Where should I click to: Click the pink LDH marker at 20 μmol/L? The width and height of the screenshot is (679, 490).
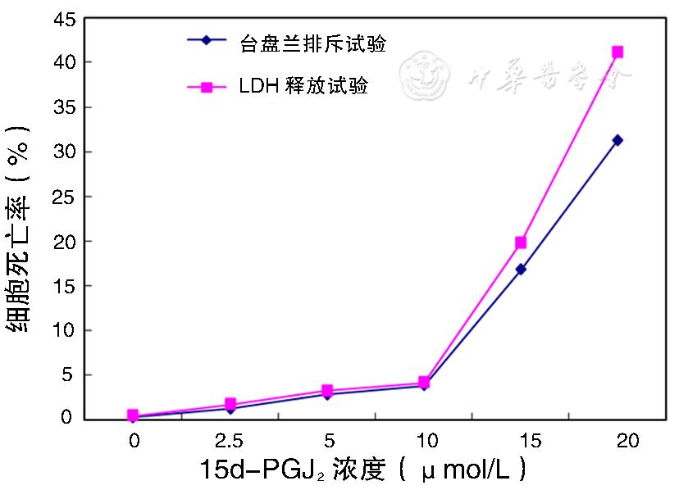pyautogui.click(x=617, y=52)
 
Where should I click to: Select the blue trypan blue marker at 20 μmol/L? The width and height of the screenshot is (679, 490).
pyautogui.click(x=617, y=140)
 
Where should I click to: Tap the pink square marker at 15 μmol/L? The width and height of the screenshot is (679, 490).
pyautogui.click(x=521, y=243)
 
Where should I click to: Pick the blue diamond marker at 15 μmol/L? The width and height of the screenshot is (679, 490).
pyautogui.click(x=521, y=269)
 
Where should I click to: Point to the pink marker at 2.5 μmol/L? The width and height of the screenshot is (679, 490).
pyautogui.click(x=230, y=404)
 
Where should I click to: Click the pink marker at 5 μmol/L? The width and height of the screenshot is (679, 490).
pyautogui.click(x=327, y=390)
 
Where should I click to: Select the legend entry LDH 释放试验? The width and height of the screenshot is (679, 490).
pyautogui.click(x=303, y=86)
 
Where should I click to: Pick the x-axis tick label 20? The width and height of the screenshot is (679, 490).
pyautogui.click(x=627, y=441)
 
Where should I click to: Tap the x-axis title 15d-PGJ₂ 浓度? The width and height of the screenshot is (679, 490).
pyautogui.click(x=361, y=470)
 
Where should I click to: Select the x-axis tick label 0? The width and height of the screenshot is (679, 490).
pyautogui.click(x=134, y=441)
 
